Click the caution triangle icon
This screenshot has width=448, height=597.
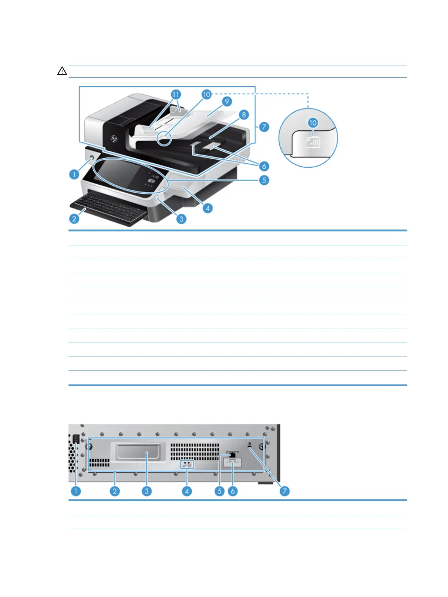[62, 71]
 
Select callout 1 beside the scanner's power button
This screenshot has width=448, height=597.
[74, 175]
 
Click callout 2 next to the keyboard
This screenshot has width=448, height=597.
[74, 219]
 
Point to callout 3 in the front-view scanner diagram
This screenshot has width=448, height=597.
[181, 219]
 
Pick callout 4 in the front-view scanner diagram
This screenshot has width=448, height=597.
[207, 208]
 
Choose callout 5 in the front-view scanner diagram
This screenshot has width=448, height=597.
[264, 180]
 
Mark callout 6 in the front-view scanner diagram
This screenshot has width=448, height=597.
[264, 166]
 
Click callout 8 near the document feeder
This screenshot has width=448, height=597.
[244, 115]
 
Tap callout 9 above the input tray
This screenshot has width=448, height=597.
[227, 101]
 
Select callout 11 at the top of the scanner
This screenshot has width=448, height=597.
[176, 94]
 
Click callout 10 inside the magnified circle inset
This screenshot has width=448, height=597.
[313, 123]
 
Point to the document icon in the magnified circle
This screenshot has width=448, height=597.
[313, 142]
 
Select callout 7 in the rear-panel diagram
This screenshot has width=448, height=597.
[285, 491]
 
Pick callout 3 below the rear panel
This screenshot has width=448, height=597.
[146, 491]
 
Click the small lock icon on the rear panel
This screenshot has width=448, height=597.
[250, 445]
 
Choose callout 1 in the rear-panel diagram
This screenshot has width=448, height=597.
[76, 491]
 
